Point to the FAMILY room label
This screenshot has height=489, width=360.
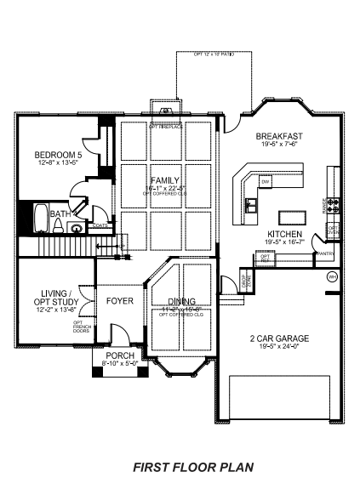tap(165, 181)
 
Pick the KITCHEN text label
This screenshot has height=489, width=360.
tap(285, 234)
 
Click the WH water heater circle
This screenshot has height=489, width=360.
tap(332, 276)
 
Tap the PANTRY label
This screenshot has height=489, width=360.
tap(324, 253)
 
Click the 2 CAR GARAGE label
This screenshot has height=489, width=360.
tap(279, 338)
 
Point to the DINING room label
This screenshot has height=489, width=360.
tap(181, 301)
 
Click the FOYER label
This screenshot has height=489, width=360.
tap(119, 301)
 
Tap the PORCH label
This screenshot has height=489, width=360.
tap(119, 355)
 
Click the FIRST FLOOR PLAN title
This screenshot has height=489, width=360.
tap(192, 467)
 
